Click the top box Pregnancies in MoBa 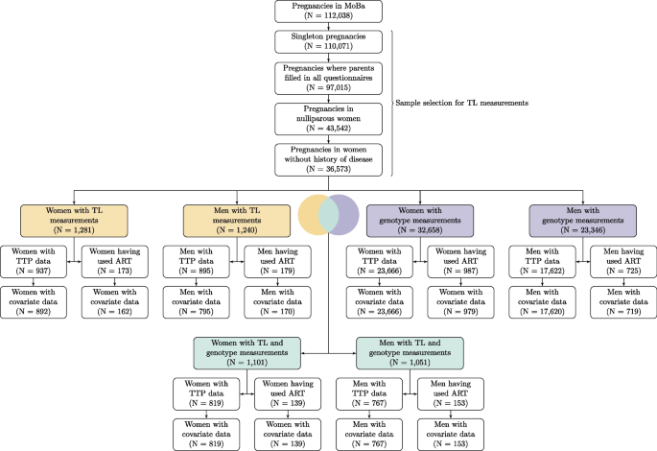329,12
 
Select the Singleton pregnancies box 329,43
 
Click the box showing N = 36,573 329,159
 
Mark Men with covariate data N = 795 200,300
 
